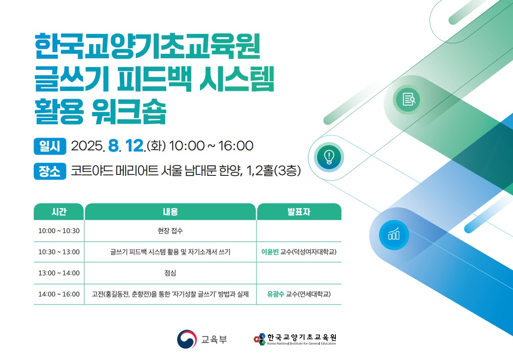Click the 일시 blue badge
50,146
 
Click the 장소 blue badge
50,171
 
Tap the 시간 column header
59,212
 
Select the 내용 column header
170,212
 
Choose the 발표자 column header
299,212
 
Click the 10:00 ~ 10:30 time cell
59,231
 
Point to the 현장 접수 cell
170,231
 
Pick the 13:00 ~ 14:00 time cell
59,273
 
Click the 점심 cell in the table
170,273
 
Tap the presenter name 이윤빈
270,252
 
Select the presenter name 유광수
276,294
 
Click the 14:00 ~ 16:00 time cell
59,294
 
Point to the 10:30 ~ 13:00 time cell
59,252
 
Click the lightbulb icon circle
329,157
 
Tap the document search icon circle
408,99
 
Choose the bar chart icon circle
394,235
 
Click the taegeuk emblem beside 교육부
187,339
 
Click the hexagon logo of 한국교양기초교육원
260,339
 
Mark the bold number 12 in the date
134,146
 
